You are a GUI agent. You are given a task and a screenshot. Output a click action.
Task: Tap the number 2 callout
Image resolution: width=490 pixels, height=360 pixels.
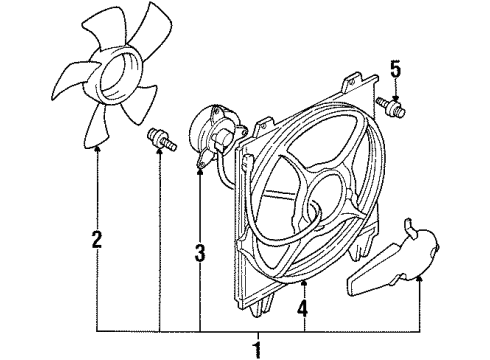(x=97, y=240)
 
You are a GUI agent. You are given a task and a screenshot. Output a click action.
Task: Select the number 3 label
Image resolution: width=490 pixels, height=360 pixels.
(x=200, y=255)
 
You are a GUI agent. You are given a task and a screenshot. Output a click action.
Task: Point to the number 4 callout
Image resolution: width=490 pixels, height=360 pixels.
(x=303, y=297)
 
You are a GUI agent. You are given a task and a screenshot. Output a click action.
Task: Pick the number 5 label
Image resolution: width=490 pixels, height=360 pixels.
(x=395, y=70)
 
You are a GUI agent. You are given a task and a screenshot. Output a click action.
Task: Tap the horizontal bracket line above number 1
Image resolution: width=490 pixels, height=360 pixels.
(x=258, y=330)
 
